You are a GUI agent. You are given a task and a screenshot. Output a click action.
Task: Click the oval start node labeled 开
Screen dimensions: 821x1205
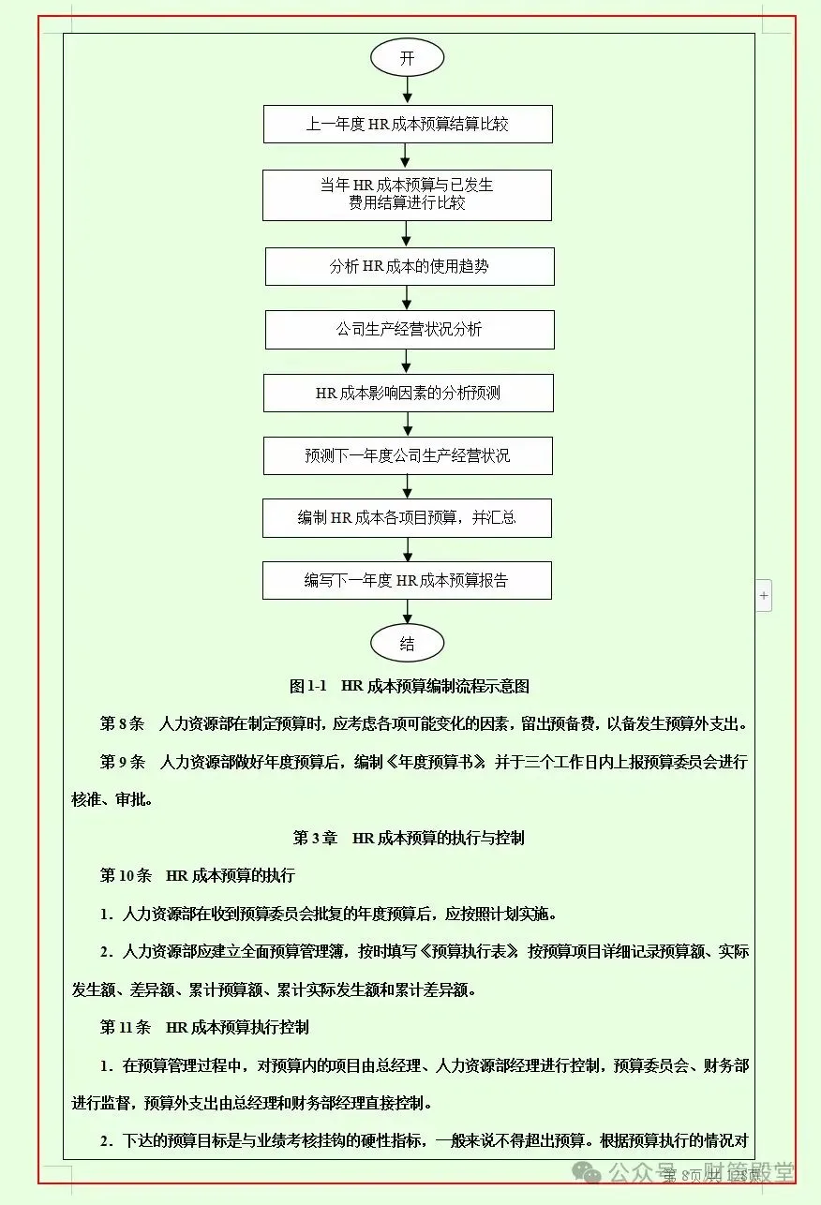click(x=407, y=58)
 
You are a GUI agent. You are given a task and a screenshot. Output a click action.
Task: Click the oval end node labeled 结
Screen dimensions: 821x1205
click(x=407, y=644)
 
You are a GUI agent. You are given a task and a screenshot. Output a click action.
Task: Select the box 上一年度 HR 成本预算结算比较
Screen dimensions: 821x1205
click(x=407, y=124)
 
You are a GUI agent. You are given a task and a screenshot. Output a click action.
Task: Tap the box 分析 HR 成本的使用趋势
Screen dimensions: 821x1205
click(x=409, y=267)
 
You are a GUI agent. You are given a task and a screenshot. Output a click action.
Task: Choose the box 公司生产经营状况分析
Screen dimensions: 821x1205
click(x=409, y=330)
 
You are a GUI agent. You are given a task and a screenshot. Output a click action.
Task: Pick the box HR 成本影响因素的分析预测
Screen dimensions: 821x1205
click(x=408, y=393)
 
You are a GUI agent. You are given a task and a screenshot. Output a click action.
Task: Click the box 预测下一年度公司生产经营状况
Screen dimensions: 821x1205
click(x=407, y=455)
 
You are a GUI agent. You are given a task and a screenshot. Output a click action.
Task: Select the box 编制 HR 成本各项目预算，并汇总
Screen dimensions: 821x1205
click(x=407, y=518)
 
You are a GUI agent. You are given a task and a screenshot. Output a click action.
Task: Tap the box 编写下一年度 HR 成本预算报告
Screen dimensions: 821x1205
click(x=407, y=581)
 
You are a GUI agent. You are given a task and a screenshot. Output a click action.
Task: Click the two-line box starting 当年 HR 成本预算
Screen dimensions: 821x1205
click(x=407, y=194)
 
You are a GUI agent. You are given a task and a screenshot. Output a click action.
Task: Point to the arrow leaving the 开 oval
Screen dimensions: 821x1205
click(x=407, y=91)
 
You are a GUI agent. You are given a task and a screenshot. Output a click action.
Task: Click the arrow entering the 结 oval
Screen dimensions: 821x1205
click(x=407, y=612)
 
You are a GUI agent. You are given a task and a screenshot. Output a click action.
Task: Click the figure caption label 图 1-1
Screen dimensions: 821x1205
click(x=308, y=686)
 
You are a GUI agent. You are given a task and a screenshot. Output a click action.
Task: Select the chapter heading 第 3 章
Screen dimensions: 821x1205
click(x=315, y=838)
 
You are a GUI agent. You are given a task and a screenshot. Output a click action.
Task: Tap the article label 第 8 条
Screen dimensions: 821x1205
click(x=123, y=724)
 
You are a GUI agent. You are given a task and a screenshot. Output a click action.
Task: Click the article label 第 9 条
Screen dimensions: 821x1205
click(x=123, y=762)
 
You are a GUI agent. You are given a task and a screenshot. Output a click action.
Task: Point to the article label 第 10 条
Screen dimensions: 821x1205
click(x=126, y=876)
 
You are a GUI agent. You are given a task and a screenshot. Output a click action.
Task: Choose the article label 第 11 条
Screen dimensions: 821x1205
click(x=126, y=1027)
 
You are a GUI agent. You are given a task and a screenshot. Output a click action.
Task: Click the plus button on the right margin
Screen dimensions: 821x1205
click(x=764, y=595)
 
